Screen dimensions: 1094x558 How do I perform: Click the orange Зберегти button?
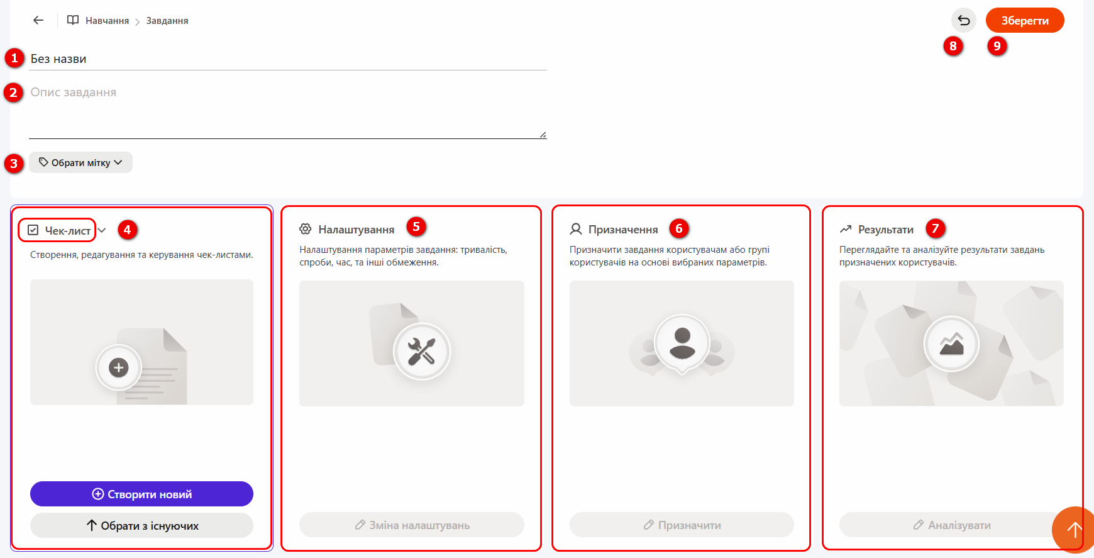tap(1025, 20)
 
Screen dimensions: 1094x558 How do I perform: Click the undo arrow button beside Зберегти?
tap(964, 20)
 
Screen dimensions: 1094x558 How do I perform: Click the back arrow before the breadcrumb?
tap(38, 20)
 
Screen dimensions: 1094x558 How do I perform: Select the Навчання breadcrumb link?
tap(107, 21)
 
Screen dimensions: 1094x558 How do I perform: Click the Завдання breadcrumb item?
tap(167, 21)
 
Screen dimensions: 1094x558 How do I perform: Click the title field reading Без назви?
tap(288, 59)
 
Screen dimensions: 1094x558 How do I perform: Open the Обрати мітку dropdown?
tap(80, 162)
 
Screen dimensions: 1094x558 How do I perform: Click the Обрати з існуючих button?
tap(141, 525)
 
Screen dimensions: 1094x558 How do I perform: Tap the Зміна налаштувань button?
tap(412, 525)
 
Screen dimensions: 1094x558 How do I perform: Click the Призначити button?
tap(682, 525)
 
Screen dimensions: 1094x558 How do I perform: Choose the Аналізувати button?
tap(951, 525)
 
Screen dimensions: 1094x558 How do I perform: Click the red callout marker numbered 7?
tap(936, 228)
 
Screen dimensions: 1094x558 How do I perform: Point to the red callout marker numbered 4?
tap(127, 230)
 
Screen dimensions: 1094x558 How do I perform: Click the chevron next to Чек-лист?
tap(102, 230)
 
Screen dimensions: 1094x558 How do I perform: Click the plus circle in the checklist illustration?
tap(118, 367)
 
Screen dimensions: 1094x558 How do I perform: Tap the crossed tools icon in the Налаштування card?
tap(421, 351)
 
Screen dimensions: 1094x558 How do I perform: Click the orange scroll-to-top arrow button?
tap(1073, 530)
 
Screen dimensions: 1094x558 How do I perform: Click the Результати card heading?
tap(876, 230)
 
